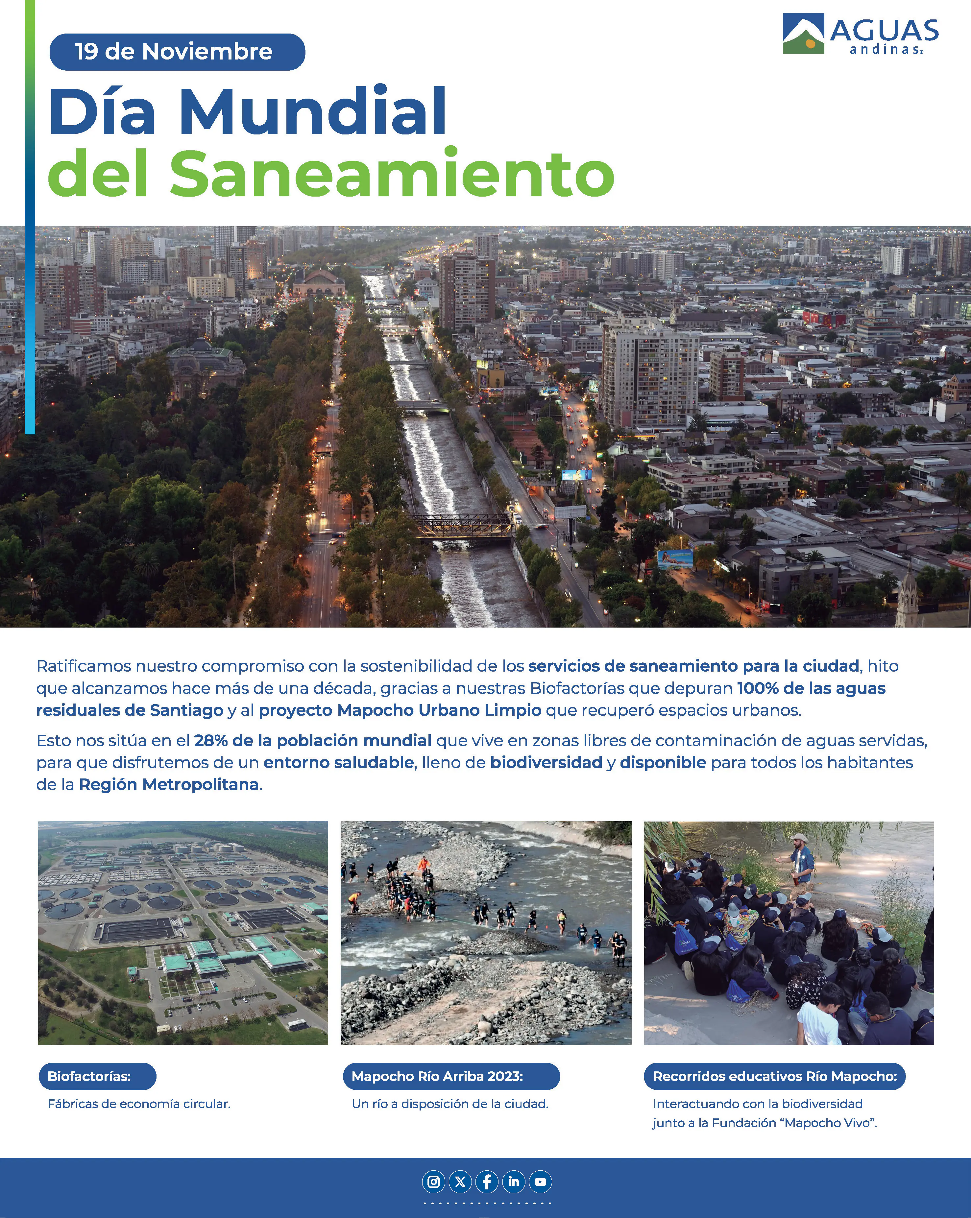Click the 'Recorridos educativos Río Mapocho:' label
pyautogui.click(x=774, y=1076)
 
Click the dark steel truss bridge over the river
pyautogui.click(x=462, y=525)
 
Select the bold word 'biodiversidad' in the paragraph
pyautogui.click(x=546, y=763)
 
